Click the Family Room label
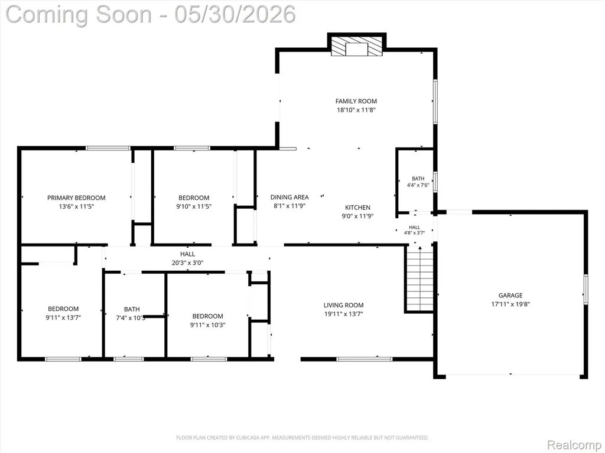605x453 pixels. click(x=356, y=101)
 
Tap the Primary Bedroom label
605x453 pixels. click(x=76, y=198)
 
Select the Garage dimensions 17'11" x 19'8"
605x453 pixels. click(x=510, y=304)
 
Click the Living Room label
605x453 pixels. click(x=343, y=305)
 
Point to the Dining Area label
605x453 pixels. click(x=290, y=197)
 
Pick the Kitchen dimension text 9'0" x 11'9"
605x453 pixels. click(x=357, y=216)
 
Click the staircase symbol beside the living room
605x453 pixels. click(x=420, y=279)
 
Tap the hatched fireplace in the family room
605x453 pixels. click(x=356, y=46)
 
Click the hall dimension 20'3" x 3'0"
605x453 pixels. click(x=187, y=262)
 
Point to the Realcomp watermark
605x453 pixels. click(x=574, y=445)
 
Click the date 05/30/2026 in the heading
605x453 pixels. click(x=235, y=14)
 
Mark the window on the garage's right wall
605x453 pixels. click(x=586, y=289)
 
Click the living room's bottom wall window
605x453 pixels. click(x=364, y=359)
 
